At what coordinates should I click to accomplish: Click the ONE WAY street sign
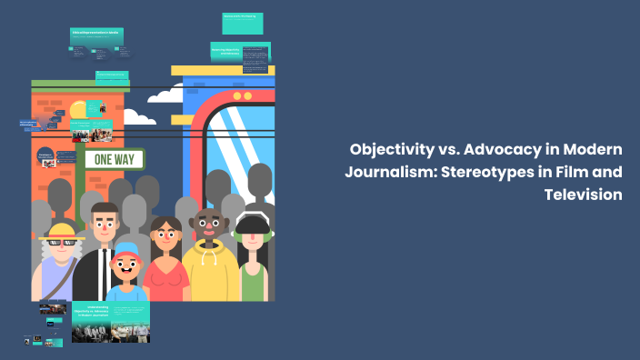coord(115,158)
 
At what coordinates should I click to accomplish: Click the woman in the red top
coord(164,264)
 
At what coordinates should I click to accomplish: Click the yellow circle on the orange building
coord(78,109)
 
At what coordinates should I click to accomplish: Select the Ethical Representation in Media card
coord(96,35)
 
